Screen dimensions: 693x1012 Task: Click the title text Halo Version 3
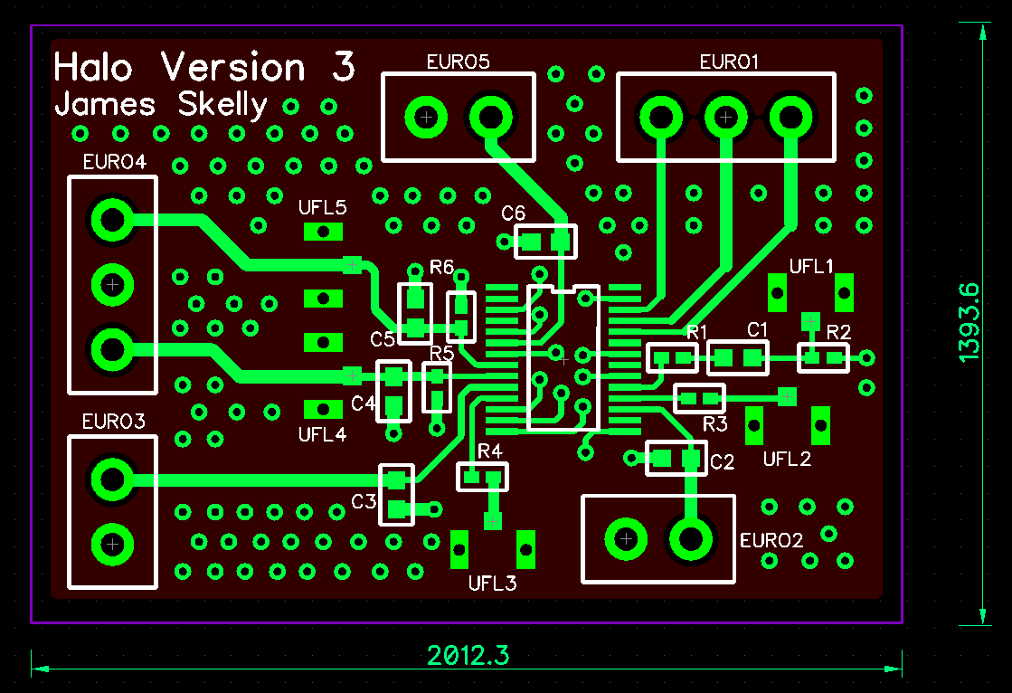[x=204, y=68]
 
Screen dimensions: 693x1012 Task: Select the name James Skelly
[x=161, y=105]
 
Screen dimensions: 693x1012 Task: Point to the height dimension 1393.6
[x=969, y=323]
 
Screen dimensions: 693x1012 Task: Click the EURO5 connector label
[x=458, y=62]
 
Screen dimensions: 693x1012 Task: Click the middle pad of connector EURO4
[x=112, y=284]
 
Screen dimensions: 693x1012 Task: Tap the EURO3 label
[x=113, y=422]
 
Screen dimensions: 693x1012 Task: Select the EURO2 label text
[x=771, y=541]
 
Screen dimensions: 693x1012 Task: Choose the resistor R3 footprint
[x=700, y=397]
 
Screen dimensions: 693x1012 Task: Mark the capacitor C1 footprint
[x=737, y=358]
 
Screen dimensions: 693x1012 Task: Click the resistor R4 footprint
[x=482, y=477]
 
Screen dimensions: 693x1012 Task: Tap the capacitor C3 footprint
[x=395, y=494]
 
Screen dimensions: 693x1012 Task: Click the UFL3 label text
[x=492, y=583]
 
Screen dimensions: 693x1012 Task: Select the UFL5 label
[x=323, y=208]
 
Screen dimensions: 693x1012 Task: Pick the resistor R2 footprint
[x=824, y=358]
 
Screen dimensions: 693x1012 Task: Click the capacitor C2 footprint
[x=676, y=459]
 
